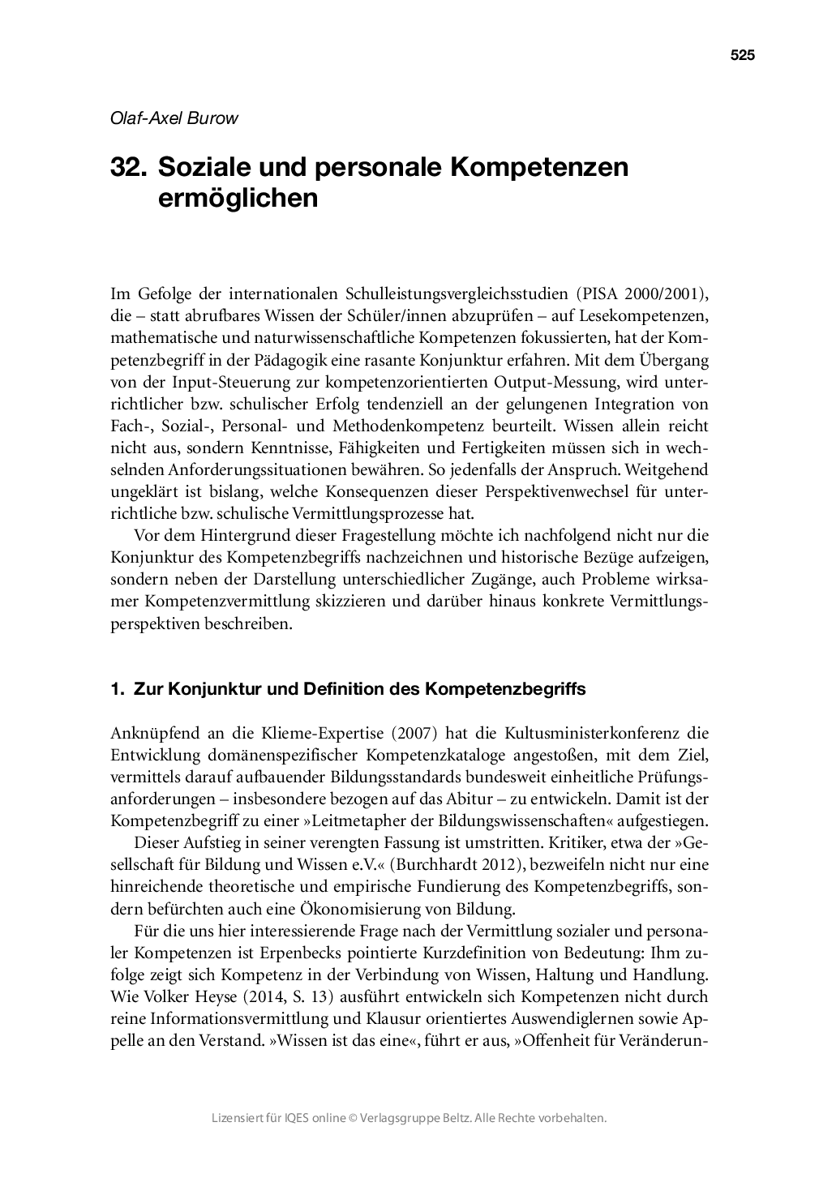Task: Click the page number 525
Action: [742, 55]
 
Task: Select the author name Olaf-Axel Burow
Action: [174, 118]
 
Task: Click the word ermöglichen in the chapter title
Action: [238, 197]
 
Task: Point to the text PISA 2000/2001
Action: [642, 293]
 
